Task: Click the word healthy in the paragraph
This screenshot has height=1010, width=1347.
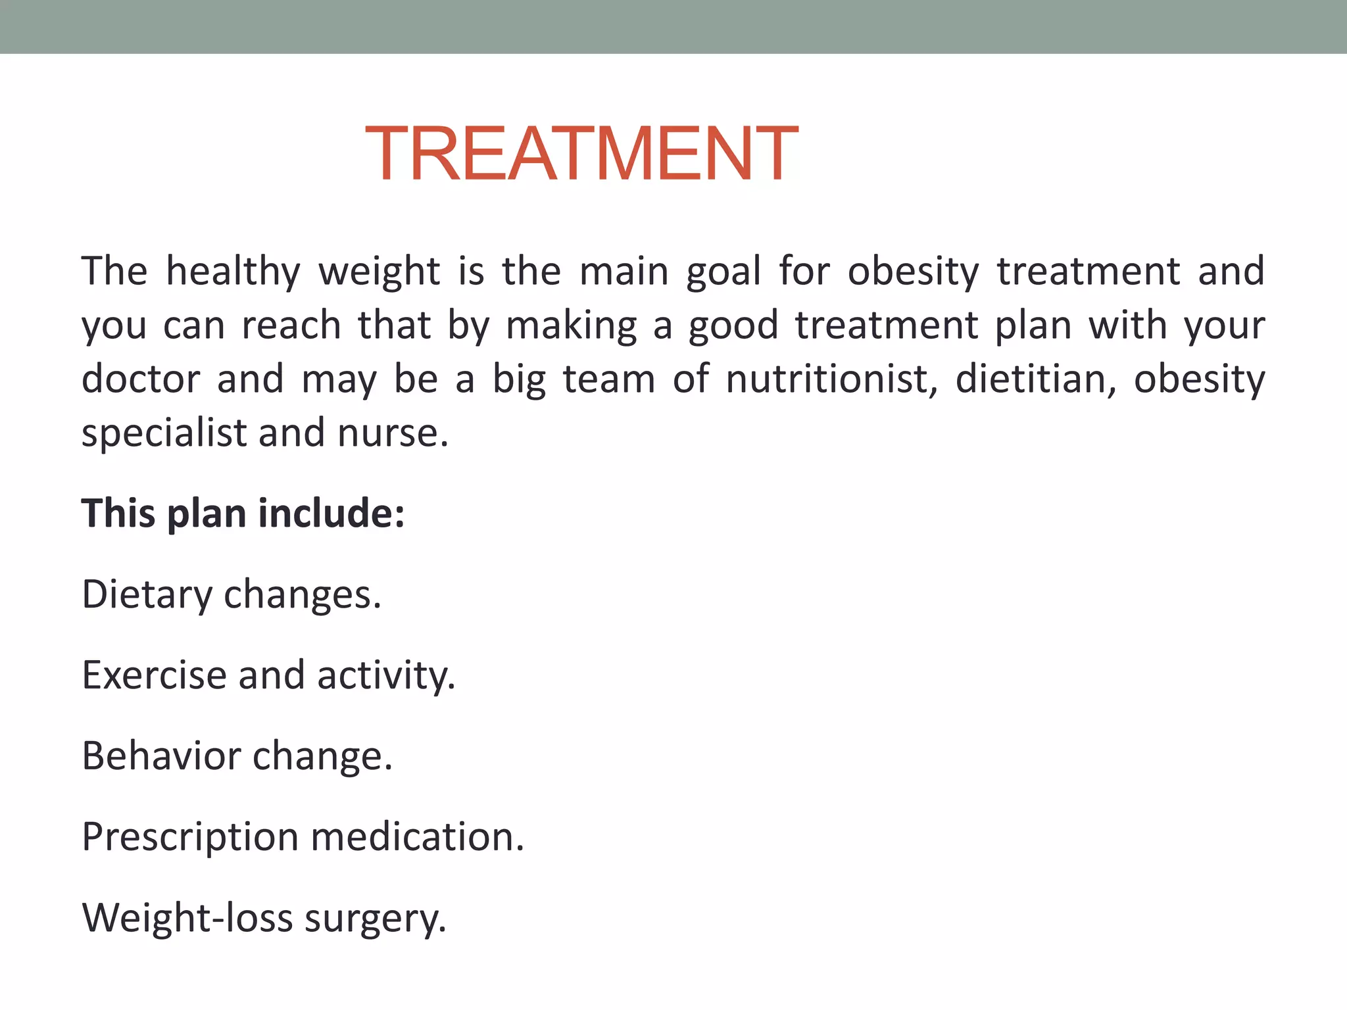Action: pos(233,272)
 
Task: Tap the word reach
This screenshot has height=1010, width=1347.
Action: pos(291,325)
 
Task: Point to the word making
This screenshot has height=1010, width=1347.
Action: pos(572,327)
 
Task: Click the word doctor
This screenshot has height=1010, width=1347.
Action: pos(140,379)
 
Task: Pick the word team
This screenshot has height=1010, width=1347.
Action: pos(609,379)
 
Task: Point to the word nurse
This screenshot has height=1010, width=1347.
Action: pos(393,434)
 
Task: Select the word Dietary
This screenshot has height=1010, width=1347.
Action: pos(147,595)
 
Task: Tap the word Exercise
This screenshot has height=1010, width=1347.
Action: pos(154,675)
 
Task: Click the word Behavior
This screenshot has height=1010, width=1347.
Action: pos(161,756)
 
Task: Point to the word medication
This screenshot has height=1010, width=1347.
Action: pos(417,837)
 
